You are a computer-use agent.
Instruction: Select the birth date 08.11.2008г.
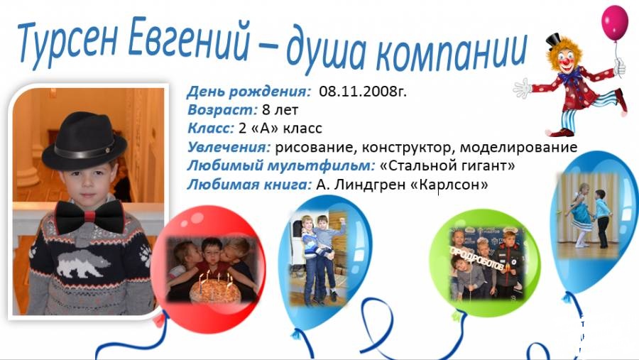pos(363,92)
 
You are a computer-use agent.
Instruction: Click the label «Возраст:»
pos(222,110)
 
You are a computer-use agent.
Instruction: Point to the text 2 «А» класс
pos(280,129)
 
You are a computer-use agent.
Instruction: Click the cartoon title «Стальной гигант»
pos(447,166)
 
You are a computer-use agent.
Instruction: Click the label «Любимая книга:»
pos(249,185)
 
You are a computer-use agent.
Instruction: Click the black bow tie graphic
pos(89,217)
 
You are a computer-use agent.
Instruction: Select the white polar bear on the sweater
pos(83,263)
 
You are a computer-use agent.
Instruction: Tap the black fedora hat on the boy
pos(84,141)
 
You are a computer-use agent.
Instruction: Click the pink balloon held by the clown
pos(615,23)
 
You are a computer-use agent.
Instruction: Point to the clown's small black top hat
pos(554,40)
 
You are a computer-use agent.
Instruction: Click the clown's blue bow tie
pos(570,75)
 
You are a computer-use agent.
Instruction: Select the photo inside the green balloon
pos(487,263)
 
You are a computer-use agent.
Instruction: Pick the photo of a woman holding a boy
pos(319,259)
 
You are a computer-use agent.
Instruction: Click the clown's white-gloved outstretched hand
pos(523,88)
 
